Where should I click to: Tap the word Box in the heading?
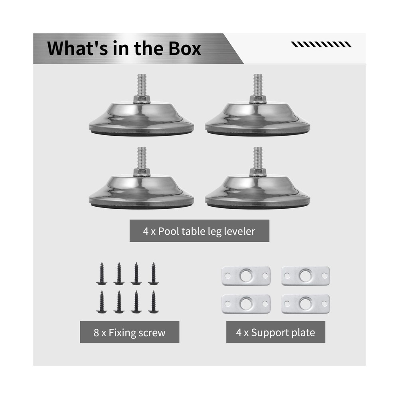pyautogui.click(x=182, y=49)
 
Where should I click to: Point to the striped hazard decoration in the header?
pyautogui.click(x=321, y=44)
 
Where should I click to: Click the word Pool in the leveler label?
pyautogui.click(x=169, y=231)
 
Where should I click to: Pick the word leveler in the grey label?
pyautogui.click(x=239, y=231)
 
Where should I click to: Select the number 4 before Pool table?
pyautogui.click(x=146, y=231)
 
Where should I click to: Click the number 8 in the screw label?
pyautogui.click(x=97, y=332)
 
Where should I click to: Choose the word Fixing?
pyautogui.click(x=122, y=332)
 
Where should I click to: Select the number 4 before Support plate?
pyautogui.click(x=239, y=332)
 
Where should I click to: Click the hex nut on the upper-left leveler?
pyautogui.click(x=142, y=99)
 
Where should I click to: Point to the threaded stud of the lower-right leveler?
pyautogui.click(x=258, y=158)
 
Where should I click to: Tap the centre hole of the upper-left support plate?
pyautogui.click(x=246, y=276)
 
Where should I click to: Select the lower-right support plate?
pyautogui.click(x=306, y=304)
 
